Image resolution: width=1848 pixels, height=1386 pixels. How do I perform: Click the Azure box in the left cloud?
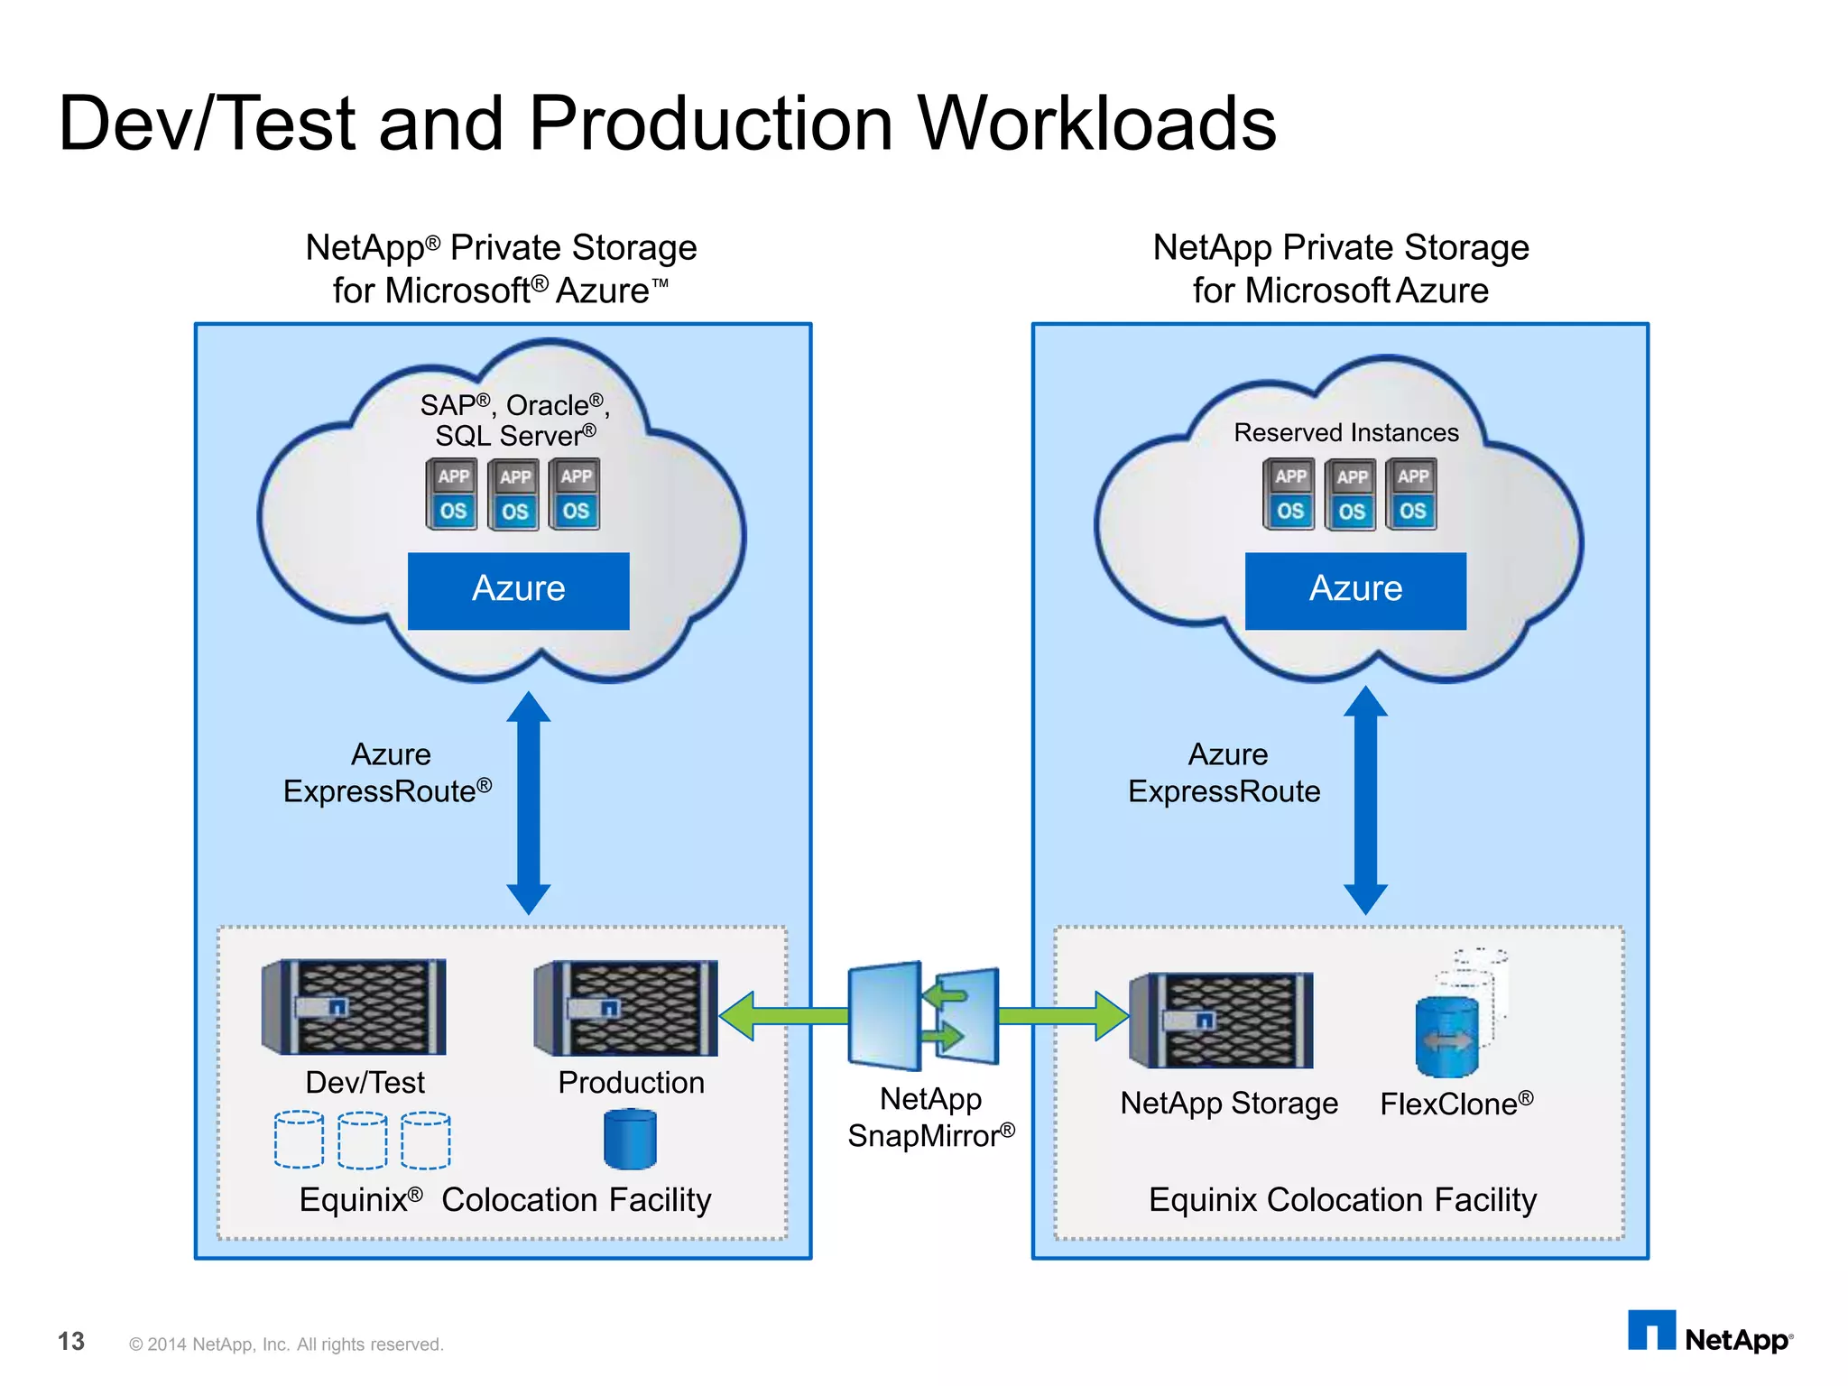pyautogui.click(x=518, y=590)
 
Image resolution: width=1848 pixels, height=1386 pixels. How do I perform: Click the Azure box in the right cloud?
pyautogui.click(x=1355, y=590)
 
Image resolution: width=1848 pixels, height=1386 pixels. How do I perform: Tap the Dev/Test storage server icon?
pyautogui.click(x=354, y=1006)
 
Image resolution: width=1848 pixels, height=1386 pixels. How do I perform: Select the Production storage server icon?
pyautogui.click(x=626, y=1007)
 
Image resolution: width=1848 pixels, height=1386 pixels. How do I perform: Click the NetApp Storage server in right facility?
pyautogui.click(x=1222, y=1020)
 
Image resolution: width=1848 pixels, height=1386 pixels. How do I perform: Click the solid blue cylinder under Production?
pyautogui.click(x=630, y=1140)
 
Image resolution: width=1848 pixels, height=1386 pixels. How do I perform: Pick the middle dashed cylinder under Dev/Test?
pyautogui.click(x=363, y=1141)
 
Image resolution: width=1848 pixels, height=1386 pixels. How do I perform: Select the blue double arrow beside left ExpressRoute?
pyautogui.click(x=528, y=803)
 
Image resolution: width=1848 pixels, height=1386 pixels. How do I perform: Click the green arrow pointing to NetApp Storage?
pyautogui.click(x=1065, y=1016)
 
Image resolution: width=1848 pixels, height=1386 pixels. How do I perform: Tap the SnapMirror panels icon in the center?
pyautogui.click(x=923, y=1016)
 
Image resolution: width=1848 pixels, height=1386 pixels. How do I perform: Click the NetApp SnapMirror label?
pyautogui.click(x=930, y=1117)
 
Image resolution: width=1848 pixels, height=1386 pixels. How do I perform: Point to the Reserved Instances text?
pyautogui.click(x=1345, y=433)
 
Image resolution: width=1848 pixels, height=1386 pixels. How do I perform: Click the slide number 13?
pyautogui.click(x=70, y=1342)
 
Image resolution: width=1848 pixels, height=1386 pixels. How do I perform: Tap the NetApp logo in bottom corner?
pyautogui.click(x=1710, y=1334)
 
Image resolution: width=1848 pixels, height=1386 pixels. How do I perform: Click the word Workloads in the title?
pyautogui.click(x=1096, y=124)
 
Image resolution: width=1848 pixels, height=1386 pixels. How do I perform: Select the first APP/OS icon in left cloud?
pyautogui.click(x=452, y=494)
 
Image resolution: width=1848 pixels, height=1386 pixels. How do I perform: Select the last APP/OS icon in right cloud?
pyautogui.click(x=1412, y=494)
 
